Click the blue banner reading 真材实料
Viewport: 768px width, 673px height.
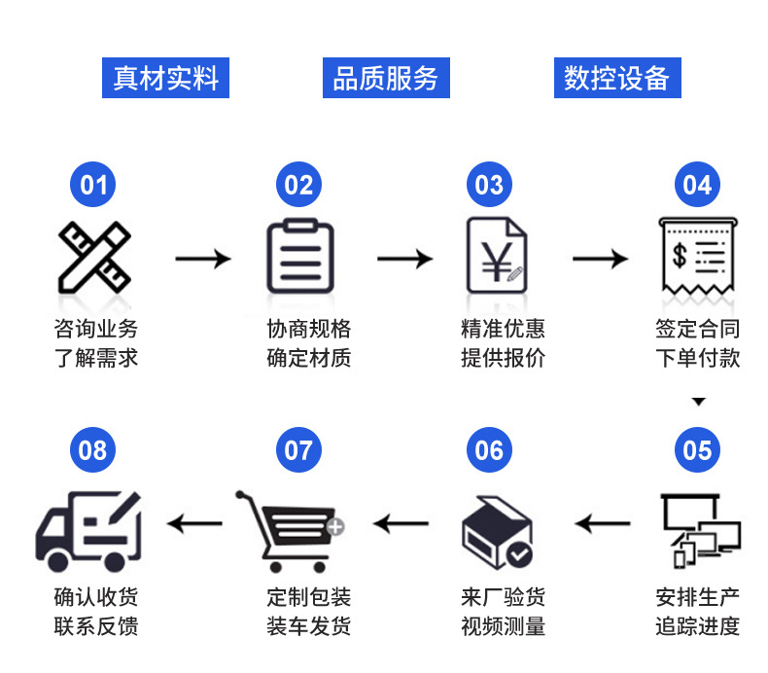point(166,78)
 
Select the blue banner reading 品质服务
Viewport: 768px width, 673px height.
point(386,78)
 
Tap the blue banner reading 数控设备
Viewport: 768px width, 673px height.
point(617,78)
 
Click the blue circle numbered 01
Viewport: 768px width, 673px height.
point(94,185)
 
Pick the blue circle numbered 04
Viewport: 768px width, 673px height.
point(697,185)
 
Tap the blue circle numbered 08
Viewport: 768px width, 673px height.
point(94,449)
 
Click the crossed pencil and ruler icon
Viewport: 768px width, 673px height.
point(94,258)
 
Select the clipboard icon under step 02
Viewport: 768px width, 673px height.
point(299,258)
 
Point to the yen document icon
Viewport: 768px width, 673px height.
point(497,256)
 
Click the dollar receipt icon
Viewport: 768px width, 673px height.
point(697,256)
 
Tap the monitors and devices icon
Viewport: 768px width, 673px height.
point(699,530)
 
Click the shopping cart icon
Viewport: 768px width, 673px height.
point(290,530)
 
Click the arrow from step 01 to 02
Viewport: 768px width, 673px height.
point(202,259)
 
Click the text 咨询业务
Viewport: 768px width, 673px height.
point(95,328)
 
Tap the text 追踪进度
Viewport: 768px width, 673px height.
point(697,626)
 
